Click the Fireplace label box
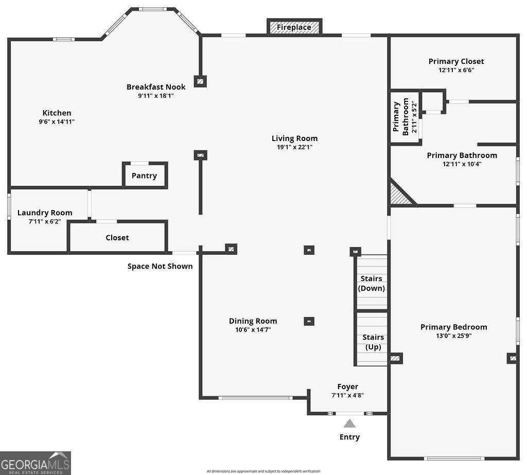pyautogui.click(x=294, y=27)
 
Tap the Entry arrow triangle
pyautogui.click(x=349, y=424)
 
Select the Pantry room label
pyautogui.click(x=144, y=175)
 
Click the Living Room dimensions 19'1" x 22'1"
pyautogui.click(x=294, y=147)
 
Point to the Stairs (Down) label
pyautogui.click(x=372, y=284)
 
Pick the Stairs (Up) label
pyautogui.click(x=373, y=342)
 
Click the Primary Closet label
pyautogui.click(x=456, y=61)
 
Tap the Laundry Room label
pyautogui.click(x=45, y=213)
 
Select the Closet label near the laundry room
pyautogui.click(x=117, y=238)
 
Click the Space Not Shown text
pyautogui.click(x=160, y=266)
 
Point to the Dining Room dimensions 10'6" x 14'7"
pyautogui.click(x=253, y=330)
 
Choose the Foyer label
pyautogui.click(x=347, y=386)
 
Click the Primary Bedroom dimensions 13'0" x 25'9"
pyautogui.click(x=453, y=336)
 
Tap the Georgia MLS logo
pyautogui.click(x=36, y=463)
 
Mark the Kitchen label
pyautogui.click(x=57, y=113)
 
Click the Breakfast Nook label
pyautogui.click(x=156, y=87)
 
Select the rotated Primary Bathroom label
pyautogui.click(x=401, y=116)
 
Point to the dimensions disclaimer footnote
pyautogui.click(x=263, y=471)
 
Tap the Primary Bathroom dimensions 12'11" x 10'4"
pyautogui.click(x=462, y=164)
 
